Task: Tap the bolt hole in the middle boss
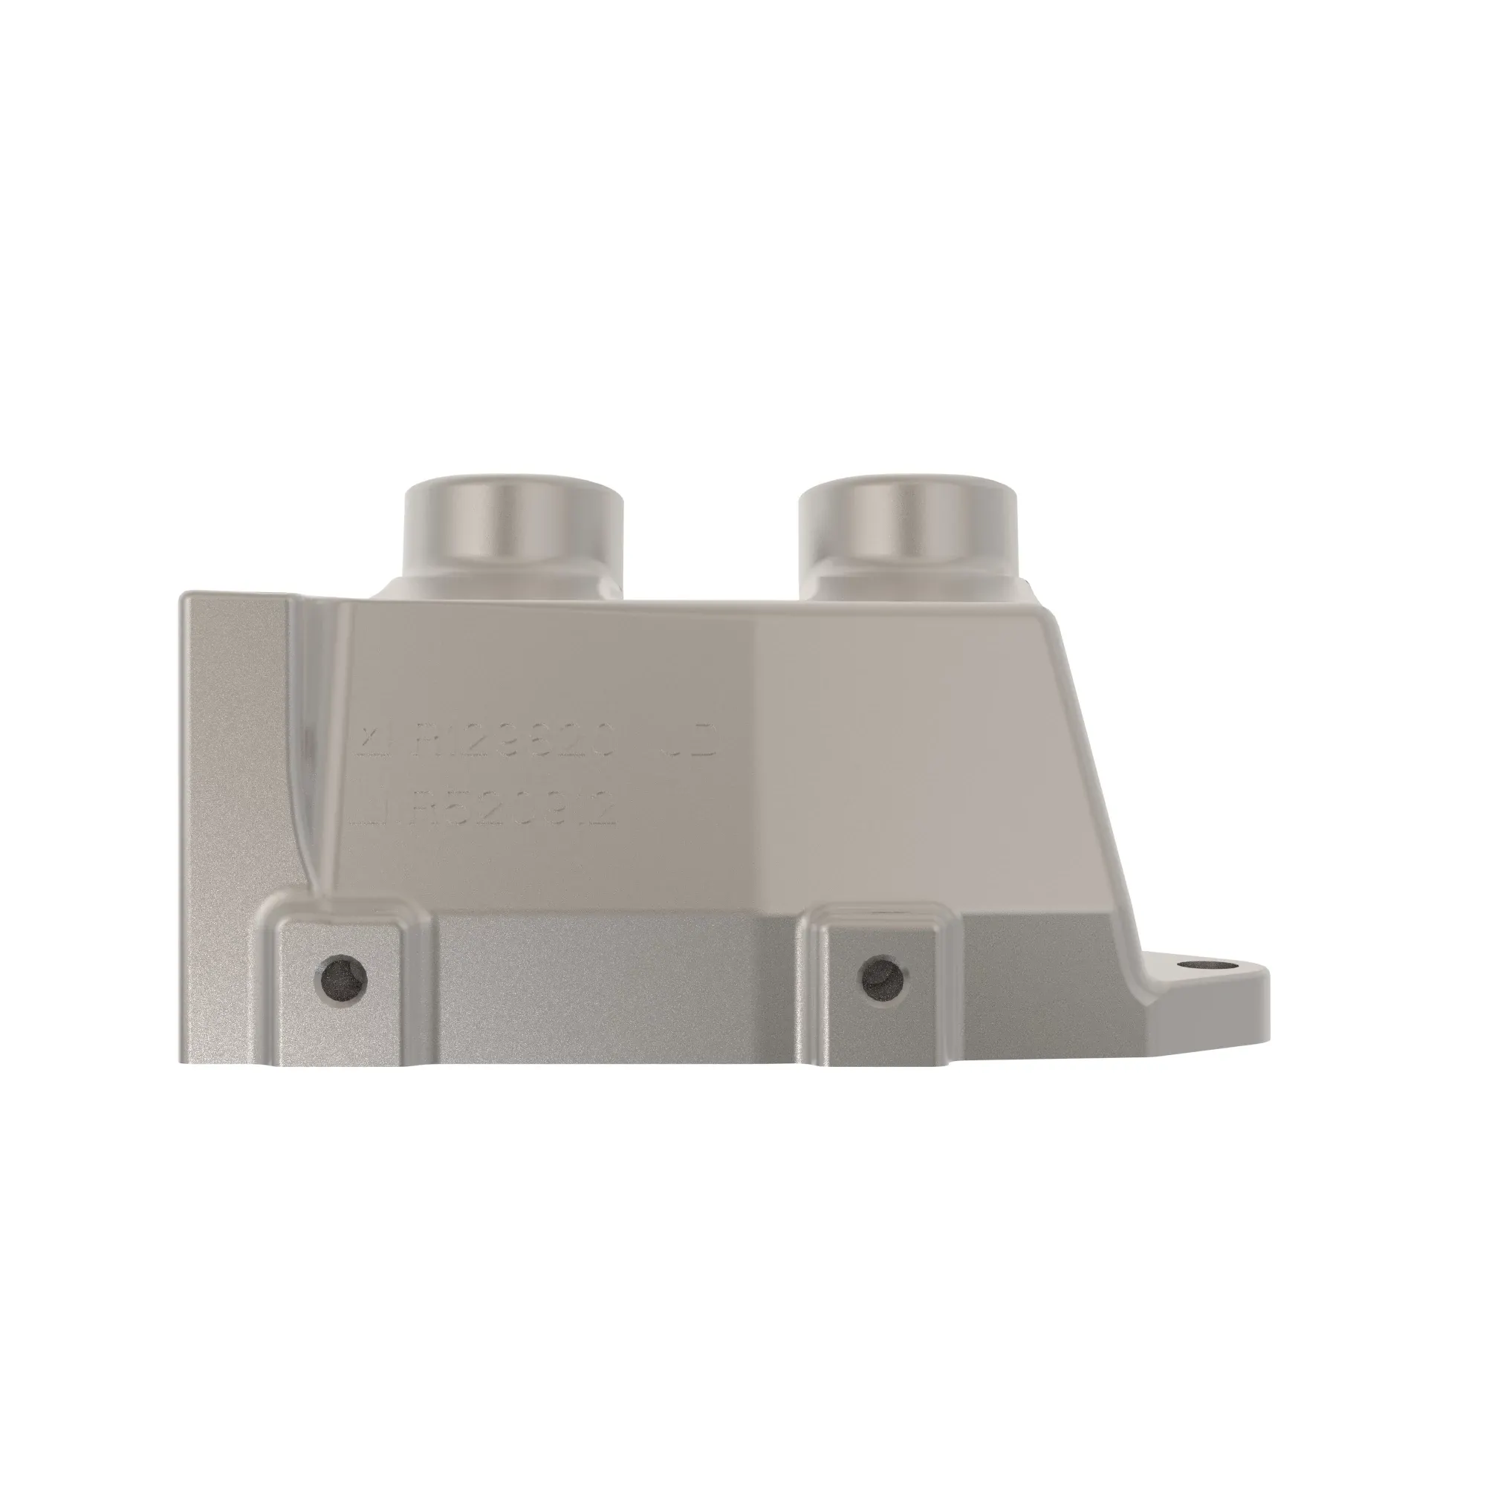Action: click(883, 979)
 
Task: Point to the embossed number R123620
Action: click(514, 741)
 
